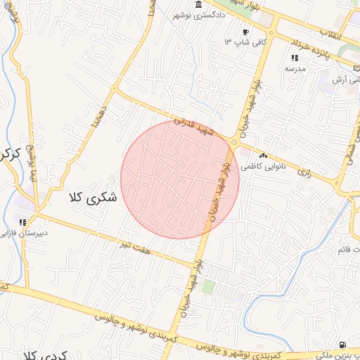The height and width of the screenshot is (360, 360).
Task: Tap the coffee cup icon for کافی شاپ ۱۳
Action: tap(245, 32)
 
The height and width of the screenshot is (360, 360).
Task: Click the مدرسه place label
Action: tap(293, 70)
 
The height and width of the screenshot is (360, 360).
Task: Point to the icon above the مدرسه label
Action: tap(294, 58)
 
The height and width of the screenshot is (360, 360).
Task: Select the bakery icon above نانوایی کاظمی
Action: tap(264, 155)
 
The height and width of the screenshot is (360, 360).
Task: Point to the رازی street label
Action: tap(304, 171)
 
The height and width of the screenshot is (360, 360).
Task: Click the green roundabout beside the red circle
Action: tap(234, 143)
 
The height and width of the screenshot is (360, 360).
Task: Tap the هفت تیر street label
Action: tap(132, 243)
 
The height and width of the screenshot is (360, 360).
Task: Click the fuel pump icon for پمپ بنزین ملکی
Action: tap(342, 345)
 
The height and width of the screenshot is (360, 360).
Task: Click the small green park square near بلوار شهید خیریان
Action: tap(208, 286)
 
